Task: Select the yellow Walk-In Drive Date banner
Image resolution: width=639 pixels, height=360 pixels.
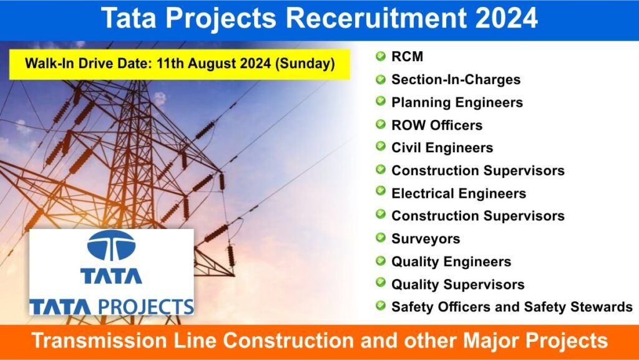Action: (180, 64)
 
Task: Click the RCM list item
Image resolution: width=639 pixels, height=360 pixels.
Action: (407, 57)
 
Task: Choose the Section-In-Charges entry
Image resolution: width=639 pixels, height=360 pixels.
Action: (456, 79)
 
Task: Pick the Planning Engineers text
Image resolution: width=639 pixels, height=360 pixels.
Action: (457, 102)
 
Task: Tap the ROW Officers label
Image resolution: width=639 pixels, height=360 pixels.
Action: (437, 125)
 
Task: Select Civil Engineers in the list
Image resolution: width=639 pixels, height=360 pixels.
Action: (442, 148)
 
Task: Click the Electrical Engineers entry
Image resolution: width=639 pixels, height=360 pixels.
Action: (459, 193)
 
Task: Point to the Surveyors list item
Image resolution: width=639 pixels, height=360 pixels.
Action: (426, 239)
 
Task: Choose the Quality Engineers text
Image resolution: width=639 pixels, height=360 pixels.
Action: (451, 262)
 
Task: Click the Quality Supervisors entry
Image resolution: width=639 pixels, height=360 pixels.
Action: (457, 285)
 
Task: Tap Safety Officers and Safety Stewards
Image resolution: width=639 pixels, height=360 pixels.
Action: (512, 307)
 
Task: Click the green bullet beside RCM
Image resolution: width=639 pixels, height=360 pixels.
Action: (380, 56)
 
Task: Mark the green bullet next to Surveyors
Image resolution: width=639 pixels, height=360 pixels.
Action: (380, 238)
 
